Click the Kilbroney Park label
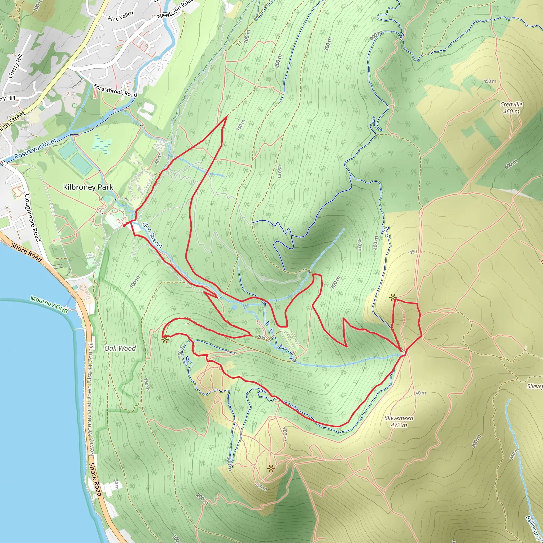[88, 187]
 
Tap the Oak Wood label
[120, 348]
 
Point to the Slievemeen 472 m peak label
[399, 421]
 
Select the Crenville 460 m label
[511, 108]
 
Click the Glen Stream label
[152, 235]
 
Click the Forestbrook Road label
[115, 90]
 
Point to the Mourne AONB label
[49, 305]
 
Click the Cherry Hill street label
[15, 66]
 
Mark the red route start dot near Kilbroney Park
[124, 225]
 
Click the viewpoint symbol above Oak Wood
[165, 340]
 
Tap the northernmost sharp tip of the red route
[226, 116]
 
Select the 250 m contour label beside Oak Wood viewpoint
[180, 351]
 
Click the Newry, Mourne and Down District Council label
[91, 399]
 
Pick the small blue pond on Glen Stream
[234, 308]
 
